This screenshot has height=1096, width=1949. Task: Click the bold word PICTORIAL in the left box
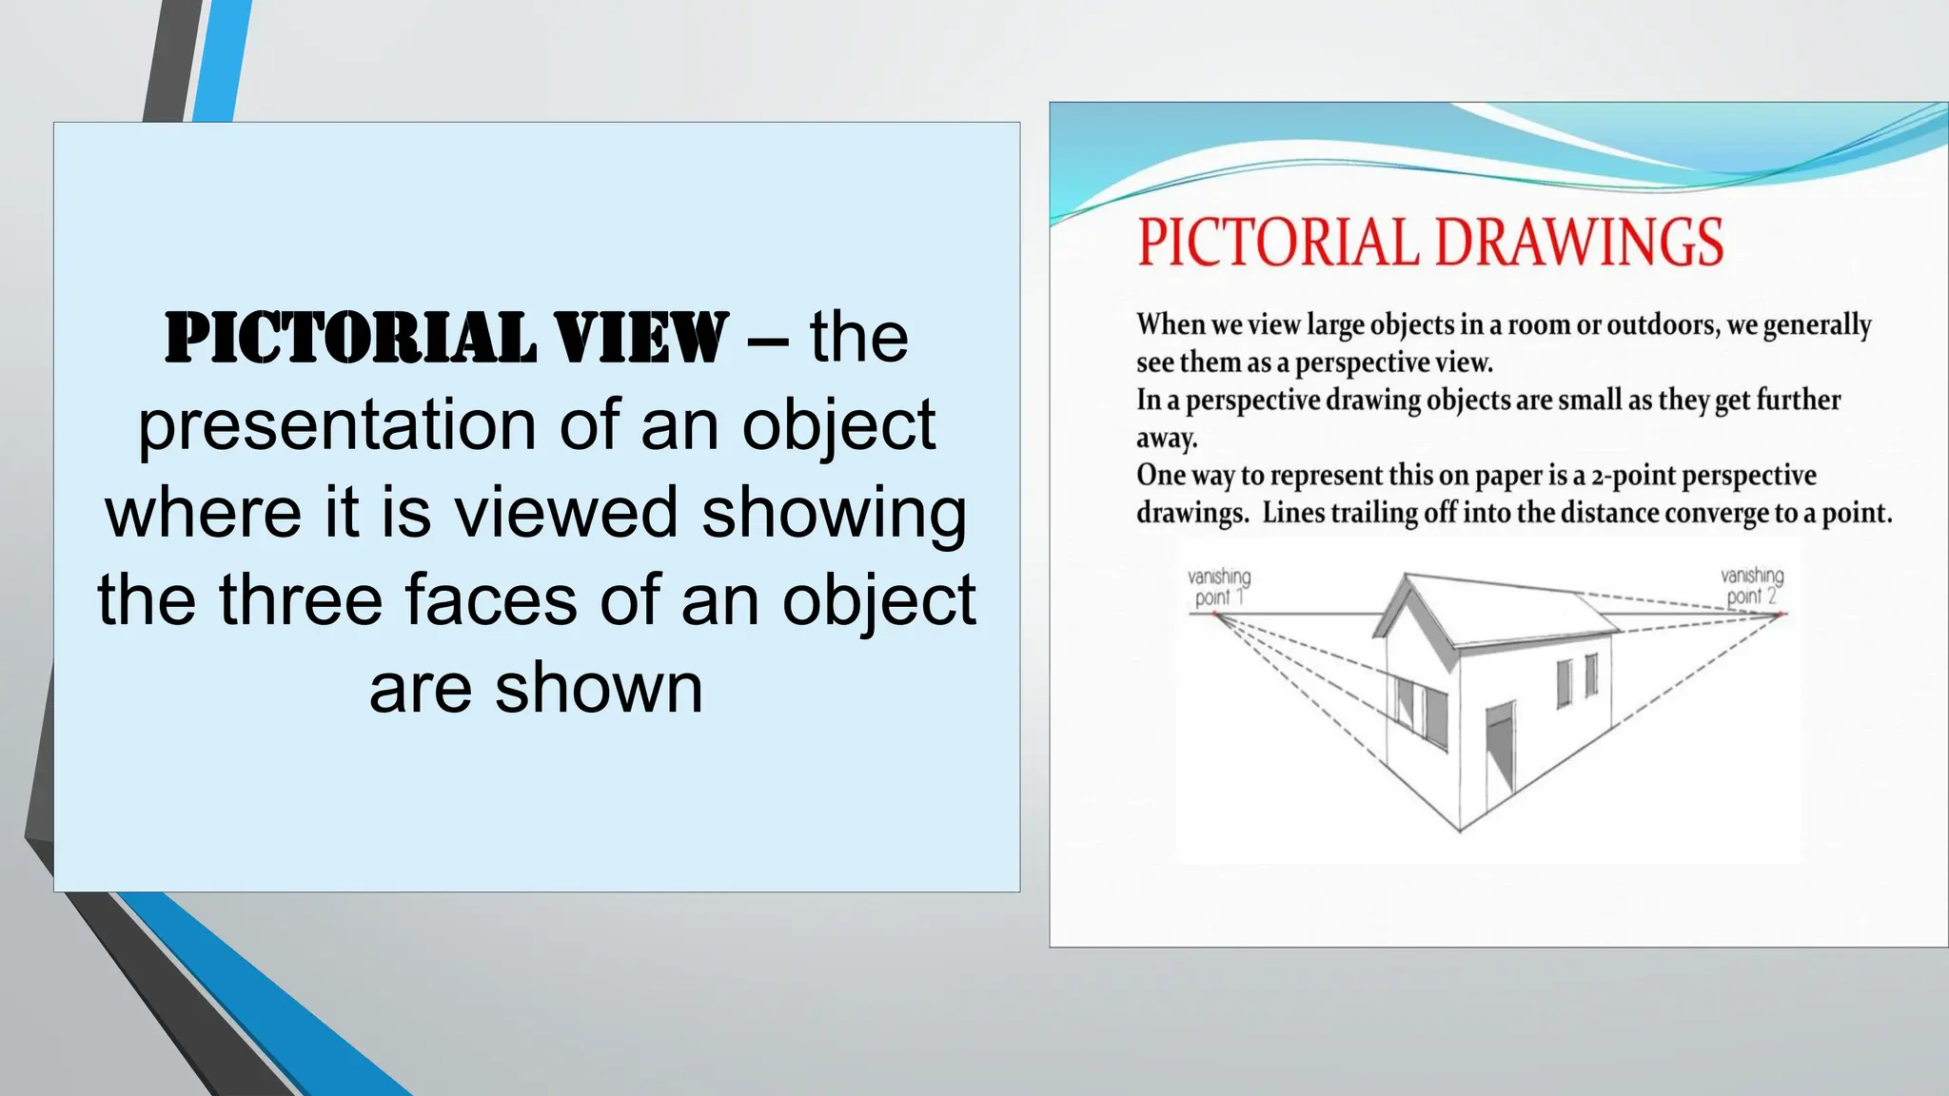pyautogui.click(x=350, y=339)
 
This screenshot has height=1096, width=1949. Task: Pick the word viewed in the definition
pyautogui.click(x=565, y=512)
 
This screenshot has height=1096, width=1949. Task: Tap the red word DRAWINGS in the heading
pyautogui.click(x=1579, y=243)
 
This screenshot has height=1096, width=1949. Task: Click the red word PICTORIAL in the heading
pyautogui.click(x=1277, y=243)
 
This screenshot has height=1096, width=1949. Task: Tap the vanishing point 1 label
pyautogui.click(x=1219, y=587)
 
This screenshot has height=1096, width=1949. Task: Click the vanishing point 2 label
pyautogui.click(x=1752, y=586)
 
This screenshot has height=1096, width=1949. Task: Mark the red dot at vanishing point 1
pyautogui.click(x=1215, y=616)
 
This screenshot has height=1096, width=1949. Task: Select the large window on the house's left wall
pyautogui.click(x=1421, y=711)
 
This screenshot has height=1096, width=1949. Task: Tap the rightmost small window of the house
pyautogui.click(x=1590, y=675)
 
